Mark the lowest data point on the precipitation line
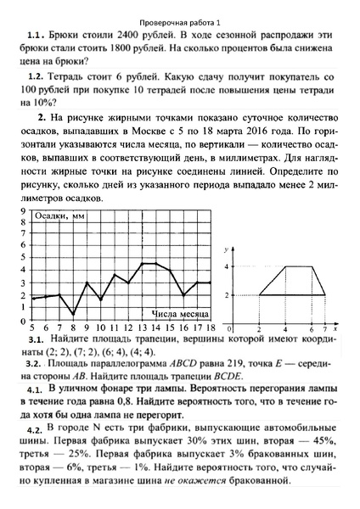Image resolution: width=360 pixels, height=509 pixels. pyautogui.click(x=72, y=315)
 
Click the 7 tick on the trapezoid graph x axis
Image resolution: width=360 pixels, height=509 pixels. pyautogui.click(x=324, y=327)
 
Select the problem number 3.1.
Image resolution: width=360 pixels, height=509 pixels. pyautogui.click(x=42, y=340)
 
